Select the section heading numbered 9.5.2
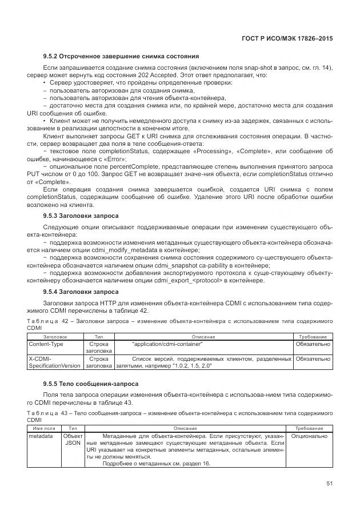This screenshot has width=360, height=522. (121, 56)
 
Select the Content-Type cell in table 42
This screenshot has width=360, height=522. (46, 344)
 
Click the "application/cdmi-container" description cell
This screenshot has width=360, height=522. (167, 344)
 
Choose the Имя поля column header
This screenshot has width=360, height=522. (44, 428)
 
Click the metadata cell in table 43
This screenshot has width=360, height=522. (41, 436)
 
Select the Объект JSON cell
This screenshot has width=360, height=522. (73, 440)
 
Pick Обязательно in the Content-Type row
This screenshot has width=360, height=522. (312, 344)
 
